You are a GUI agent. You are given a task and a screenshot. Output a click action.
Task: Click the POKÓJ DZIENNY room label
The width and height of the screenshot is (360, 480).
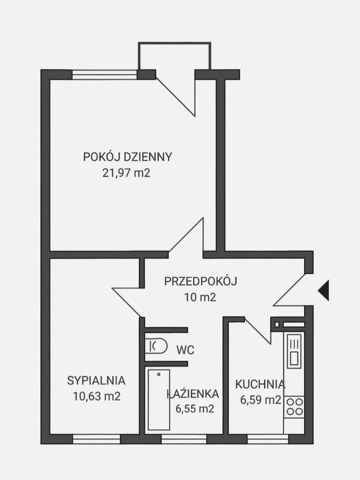[127, 156]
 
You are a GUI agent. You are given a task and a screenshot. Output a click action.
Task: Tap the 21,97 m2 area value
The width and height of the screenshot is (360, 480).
[125, 173]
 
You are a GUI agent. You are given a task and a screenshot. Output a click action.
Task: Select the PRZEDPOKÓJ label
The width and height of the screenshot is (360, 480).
[200, 281]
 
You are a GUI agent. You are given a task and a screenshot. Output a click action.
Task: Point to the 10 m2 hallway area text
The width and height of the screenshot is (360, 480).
[199, 297]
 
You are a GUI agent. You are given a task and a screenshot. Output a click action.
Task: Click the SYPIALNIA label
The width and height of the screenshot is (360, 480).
[96, 380]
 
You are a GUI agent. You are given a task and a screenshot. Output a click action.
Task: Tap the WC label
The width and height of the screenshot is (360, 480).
[184, 349]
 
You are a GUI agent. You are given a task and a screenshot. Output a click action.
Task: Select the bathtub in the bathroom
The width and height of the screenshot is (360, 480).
[158, 399]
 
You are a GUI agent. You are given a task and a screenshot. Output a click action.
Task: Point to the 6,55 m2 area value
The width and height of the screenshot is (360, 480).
[194, 408]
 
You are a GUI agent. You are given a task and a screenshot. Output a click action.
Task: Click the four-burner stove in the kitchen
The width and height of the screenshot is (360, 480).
[294, 406]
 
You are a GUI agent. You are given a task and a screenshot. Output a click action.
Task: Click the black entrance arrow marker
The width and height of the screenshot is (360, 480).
[323, 289]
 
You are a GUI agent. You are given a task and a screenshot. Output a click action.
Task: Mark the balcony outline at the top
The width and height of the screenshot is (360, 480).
[174, 50]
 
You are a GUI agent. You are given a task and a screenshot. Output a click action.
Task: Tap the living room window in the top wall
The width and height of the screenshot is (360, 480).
[104, 74]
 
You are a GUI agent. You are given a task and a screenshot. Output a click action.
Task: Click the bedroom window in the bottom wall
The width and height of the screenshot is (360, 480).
[96, 439]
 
